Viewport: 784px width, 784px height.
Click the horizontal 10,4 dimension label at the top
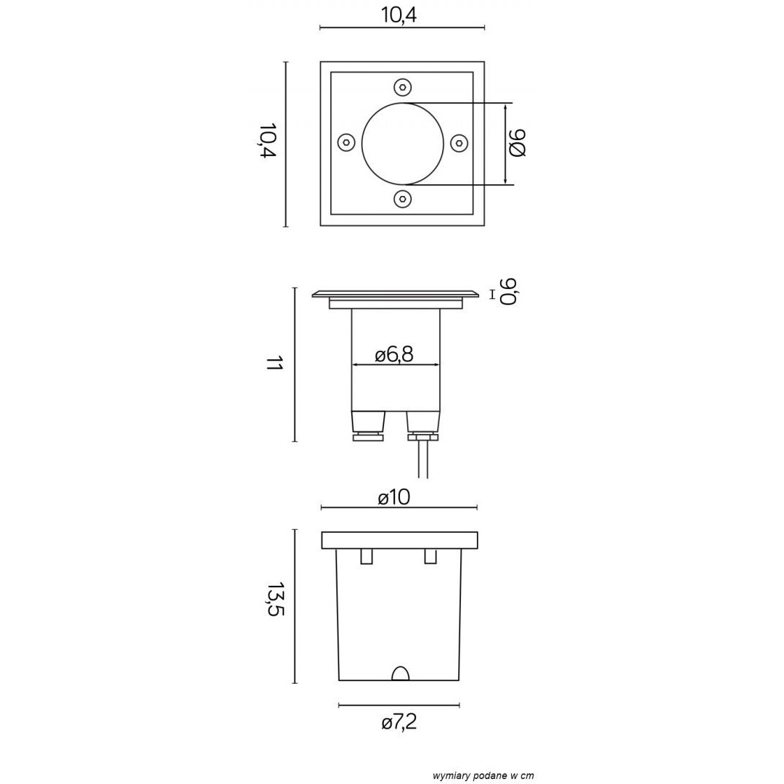click(x=399, y=15)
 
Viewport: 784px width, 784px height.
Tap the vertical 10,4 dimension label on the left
click(x=267, y=141)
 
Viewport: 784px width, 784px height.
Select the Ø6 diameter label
click(x=518, y=143)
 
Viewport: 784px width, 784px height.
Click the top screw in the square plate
click(x=402, y=88)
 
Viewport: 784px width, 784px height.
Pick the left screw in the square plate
click(x=346, y=143)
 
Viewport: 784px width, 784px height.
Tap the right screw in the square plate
click(x=459, y=143)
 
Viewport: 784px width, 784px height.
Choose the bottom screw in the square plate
click(x=402, y=199)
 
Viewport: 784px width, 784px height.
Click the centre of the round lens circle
click(x=402, y=144)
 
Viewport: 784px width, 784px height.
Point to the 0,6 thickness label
click(x=508, y=290)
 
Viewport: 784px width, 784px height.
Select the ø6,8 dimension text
click(x=394, y=355)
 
